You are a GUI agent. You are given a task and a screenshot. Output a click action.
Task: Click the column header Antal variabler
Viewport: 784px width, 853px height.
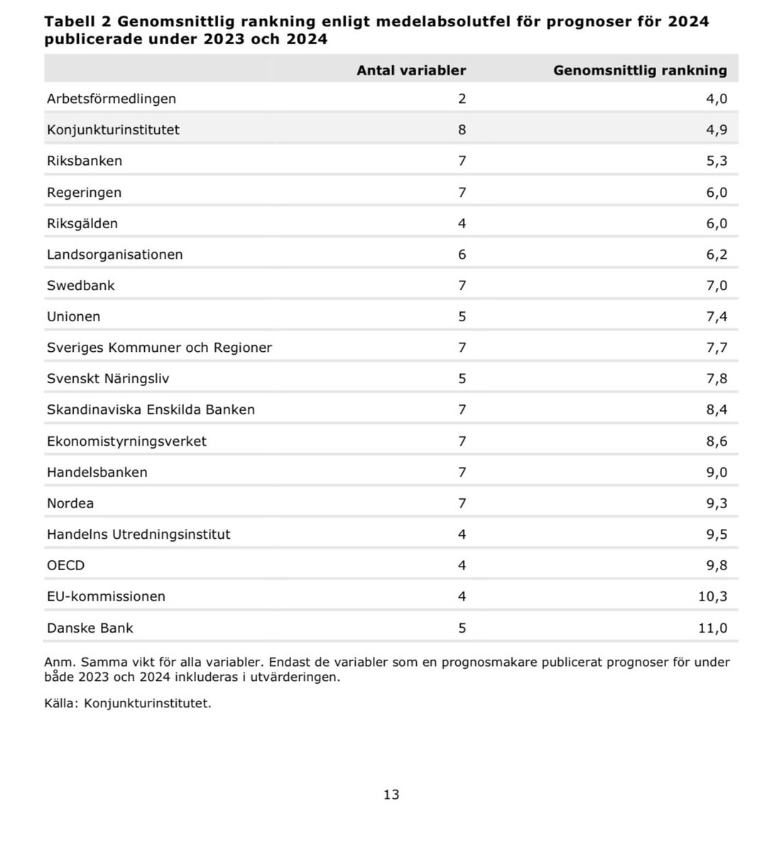411,70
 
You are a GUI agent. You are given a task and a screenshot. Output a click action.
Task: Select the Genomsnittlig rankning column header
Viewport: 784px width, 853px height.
640,70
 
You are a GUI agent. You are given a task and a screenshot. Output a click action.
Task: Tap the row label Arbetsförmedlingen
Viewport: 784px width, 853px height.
111,99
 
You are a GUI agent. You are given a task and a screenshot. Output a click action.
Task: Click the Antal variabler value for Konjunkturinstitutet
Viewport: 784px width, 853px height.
462,129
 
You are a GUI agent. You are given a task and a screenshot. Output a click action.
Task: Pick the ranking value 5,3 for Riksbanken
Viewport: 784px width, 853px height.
717,161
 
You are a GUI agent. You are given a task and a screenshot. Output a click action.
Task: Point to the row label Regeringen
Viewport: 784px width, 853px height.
84,192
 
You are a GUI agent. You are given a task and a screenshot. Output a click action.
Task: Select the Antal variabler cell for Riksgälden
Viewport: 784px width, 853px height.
462,223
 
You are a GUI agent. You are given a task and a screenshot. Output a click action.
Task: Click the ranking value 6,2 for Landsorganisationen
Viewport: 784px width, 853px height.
717,254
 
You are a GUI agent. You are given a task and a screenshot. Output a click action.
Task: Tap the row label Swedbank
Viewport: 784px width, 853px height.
81,285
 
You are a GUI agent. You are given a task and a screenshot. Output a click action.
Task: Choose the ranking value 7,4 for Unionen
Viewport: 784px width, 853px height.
717,316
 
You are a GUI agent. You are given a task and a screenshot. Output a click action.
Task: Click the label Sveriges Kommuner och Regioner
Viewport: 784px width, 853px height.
159,348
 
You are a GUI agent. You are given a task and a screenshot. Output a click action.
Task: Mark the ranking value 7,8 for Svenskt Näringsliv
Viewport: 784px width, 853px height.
717,378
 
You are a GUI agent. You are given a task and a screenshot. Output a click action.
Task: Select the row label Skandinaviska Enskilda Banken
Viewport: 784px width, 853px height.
151,409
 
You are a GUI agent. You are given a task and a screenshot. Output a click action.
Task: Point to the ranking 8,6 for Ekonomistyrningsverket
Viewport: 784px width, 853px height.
717,441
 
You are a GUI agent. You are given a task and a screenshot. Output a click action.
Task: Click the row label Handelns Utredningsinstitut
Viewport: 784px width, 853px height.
138,534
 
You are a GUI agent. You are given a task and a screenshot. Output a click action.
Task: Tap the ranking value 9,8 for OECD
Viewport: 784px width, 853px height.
717,565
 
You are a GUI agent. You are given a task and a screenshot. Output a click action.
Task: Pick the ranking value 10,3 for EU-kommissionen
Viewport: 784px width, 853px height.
713,596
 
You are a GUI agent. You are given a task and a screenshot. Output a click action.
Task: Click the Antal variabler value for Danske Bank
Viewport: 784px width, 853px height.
462,628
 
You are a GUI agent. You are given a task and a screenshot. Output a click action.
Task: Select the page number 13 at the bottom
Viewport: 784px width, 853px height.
391,795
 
